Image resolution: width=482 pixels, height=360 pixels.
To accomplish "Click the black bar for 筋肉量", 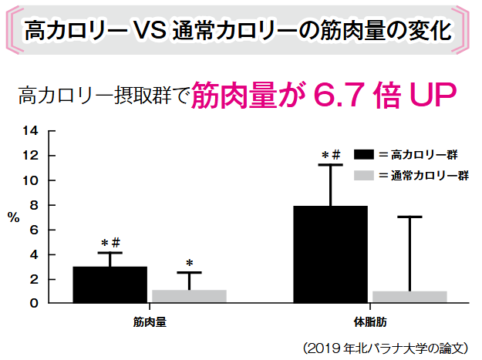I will (110, 284).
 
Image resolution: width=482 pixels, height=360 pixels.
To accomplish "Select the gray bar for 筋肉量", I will (189, 296).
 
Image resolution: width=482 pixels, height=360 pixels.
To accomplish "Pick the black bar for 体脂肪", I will (331, 254).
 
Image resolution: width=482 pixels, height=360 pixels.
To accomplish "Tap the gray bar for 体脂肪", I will (410, 297).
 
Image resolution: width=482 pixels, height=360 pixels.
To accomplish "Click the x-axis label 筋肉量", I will (150, 319).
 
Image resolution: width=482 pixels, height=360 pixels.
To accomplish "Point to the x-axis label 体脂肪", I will (369, 319).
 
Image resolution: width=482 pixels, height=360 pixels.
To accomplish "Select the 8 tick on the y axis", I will (34, 205).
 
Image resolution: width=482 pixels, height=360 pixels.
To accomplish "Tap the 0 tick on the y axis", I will (34, 303).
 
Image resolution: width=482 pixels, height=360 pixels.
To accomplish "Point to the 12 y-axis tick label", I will (32, 156).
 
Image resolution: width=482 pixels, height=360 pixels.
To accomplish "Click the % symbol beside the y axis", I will (14, 217).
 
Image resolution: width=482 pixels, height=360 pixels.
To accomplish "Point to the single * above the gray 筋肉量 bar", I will (189, 263).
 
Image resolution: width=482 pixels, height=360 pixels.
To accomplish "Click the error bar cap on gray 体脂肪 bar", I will (410, 217).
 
